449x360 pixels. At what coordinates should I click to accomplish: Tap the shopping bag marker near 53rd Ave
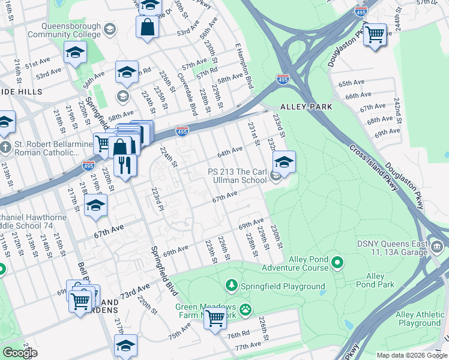pos(148,26)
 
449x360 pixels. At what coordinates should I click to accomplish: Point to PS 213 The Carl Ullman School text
pos(237,176)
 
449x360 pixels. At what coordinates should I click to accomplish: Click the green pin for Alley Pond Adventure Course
pos(337,262)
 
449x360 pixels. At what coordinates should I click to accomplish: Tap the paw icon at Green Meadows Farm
pos(246,310)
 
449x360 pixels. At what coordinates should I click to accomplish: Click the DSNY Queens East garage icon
pos(437,246)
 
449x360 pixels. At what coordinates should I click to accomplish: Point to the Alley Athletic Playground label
pos(418,319)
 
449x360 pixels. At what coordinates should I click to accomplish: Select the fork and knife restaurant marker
pos(125,165)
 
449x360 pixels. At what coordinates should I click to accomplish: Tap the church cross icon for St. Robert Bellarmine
pos(5,148)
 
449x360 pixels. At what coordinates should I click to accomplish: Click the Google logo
pos(20,353)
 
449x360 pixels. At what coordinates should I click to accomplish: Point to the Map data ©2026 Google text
pos(411,355)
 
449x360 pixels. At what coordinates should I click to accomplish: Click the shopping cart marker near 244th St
pos(375,34)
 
